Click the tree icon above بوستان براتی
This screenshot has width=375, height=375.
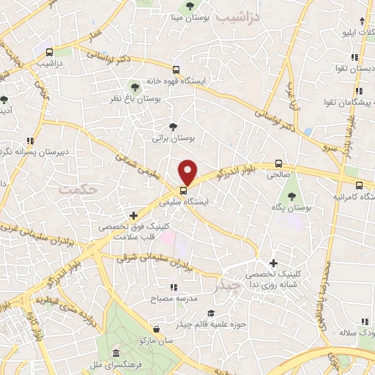[173, 126]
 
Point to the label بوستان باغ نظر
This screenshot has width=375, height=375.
[139, 97]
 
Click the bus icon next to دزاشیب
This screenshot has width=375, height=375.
[50, 53]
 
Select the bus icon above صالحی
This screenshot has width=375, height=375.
[278, 164]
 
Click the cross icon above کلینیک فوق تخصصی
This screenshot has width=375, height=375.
[133, 215]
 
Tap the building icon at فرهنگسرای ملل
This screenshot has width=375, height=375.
[96, 352]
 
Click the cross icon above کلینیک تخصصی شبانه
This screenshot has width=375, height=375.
[273, 262]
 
